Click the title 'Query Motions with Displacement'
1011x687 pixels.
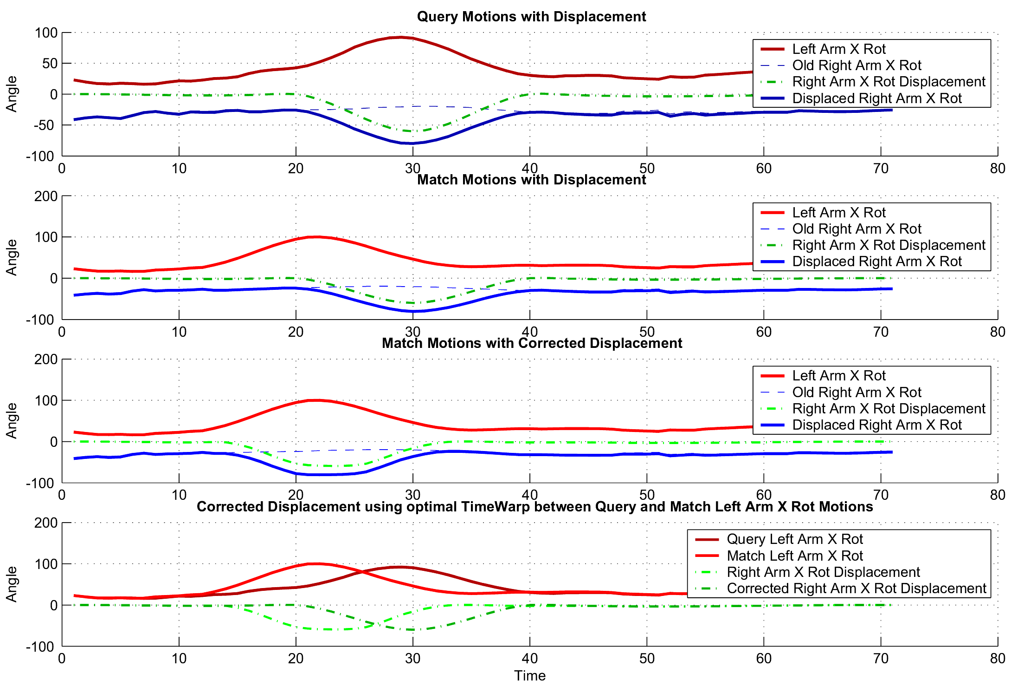coord(531,17)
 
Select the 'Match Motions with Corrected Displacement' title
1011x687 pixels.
coord(532,343)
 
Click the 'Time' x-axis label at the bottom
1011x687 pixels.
coord(529,676)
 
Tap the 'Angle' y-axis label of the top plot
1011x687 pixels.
coord(12,94)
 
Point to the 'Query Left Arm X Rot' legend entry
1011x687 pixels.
coord(794,539)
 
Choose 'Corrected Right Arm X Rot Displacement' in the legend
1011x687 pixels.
coord(856,589)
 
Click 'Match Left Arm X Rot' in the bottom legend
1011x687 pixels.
coord(794,556)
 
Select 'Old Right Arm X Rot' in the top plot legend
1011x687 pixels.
coord(856,65)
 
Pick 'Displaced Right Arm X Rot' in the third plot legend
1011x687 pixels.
coord(877,425)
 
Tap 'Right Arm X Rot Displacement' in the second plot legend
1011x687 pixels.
coord(889,245)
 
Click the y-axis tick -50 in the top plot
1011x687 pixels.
coord(45,125)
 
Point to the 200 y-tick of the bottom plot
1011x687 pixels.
coord(46,523)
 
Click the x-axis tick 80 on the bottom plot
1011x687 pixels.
coord(998,659)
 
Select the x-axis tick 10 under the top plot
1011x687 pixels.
coord(179,168)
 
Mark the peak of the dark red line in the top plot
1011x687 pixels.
coord(401,37)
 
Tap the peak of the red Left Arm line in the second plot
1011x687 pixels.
coord(316,237)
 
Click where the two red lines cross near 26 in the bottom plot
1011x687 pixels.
coord(364,572)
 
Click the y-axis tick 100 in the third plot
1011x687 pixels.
coord(46,400)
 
